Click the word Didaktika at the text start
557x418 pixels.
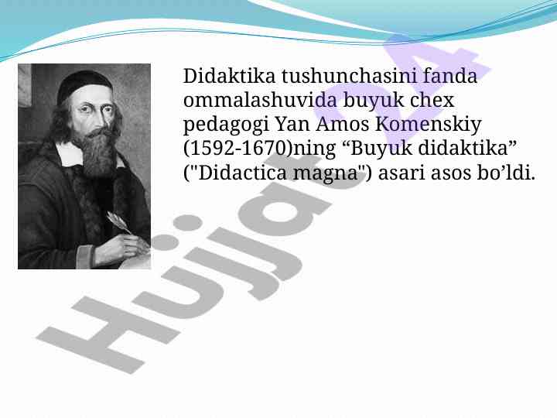point(229,76)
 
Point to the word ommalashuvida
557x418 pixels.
point(260,100)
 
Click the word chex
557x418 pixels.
point(432,100)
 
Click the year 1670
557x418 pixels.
point(265,148)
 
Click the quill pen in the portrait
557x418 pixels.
point(119,222)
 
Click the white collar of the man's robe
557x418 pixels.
point(70,154)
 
